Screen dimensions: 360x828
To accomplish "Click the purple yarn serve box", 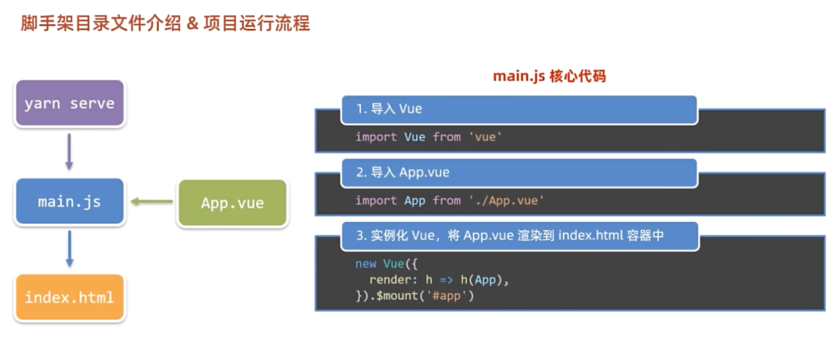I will point(69,104).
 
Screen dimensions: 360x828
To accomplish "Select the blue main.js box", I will point(69,202).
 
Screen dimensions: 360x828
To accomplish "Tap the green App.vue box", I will point(233,203).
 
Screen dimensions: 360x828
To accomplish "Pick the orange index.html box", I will point(69,298).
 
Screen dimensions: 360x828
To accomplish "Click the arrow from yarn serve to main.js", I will point(69,153).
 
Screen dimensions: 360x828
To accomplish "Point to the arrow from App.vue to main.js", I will point(152,202).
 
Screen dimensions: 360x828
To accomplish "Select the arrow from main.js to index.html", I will point(69,249).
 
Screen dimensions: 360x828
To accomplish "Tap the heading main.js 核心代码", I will point(549,76).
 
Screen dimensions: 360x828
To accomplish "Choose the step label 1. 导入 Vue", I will point(389,109).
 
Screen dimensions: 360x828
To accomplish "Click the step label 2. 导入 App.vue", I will point(403,172).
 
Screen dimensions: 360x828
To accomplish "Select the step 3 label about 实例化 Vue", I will point(510,236).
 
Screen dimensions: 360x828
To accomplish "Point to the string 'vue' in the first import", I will point(485,137).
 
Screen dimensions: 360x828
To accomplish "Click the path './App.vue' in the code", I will point(506,200).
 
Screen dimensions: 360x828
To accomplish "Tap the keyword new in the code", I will point(365,264).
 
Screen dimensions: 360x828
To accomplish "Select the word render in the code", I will point(390,280).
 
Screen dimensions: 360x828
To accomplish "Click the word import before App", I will point(376,200).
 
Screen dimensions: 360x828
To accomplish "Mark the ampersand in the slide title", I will point(192,23).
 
